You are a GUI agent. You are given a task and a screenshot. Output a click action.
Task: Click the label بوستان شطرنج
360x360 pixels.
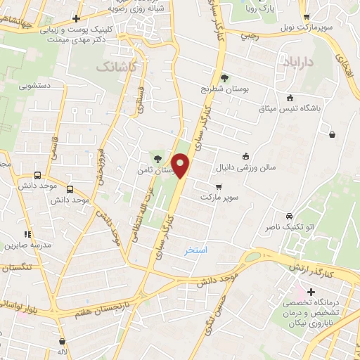[225, 90]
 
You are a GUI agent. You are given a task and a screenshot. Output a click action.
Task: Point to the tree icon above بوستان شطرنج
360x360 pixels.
[224, 78]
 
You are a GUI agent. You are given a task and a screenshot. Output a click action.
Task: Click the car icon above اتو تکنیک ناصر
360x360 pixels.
[289, 215]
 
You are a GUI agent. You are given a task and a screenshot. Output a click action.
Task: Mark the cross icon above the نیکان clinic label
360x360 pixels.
[311, 291]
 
